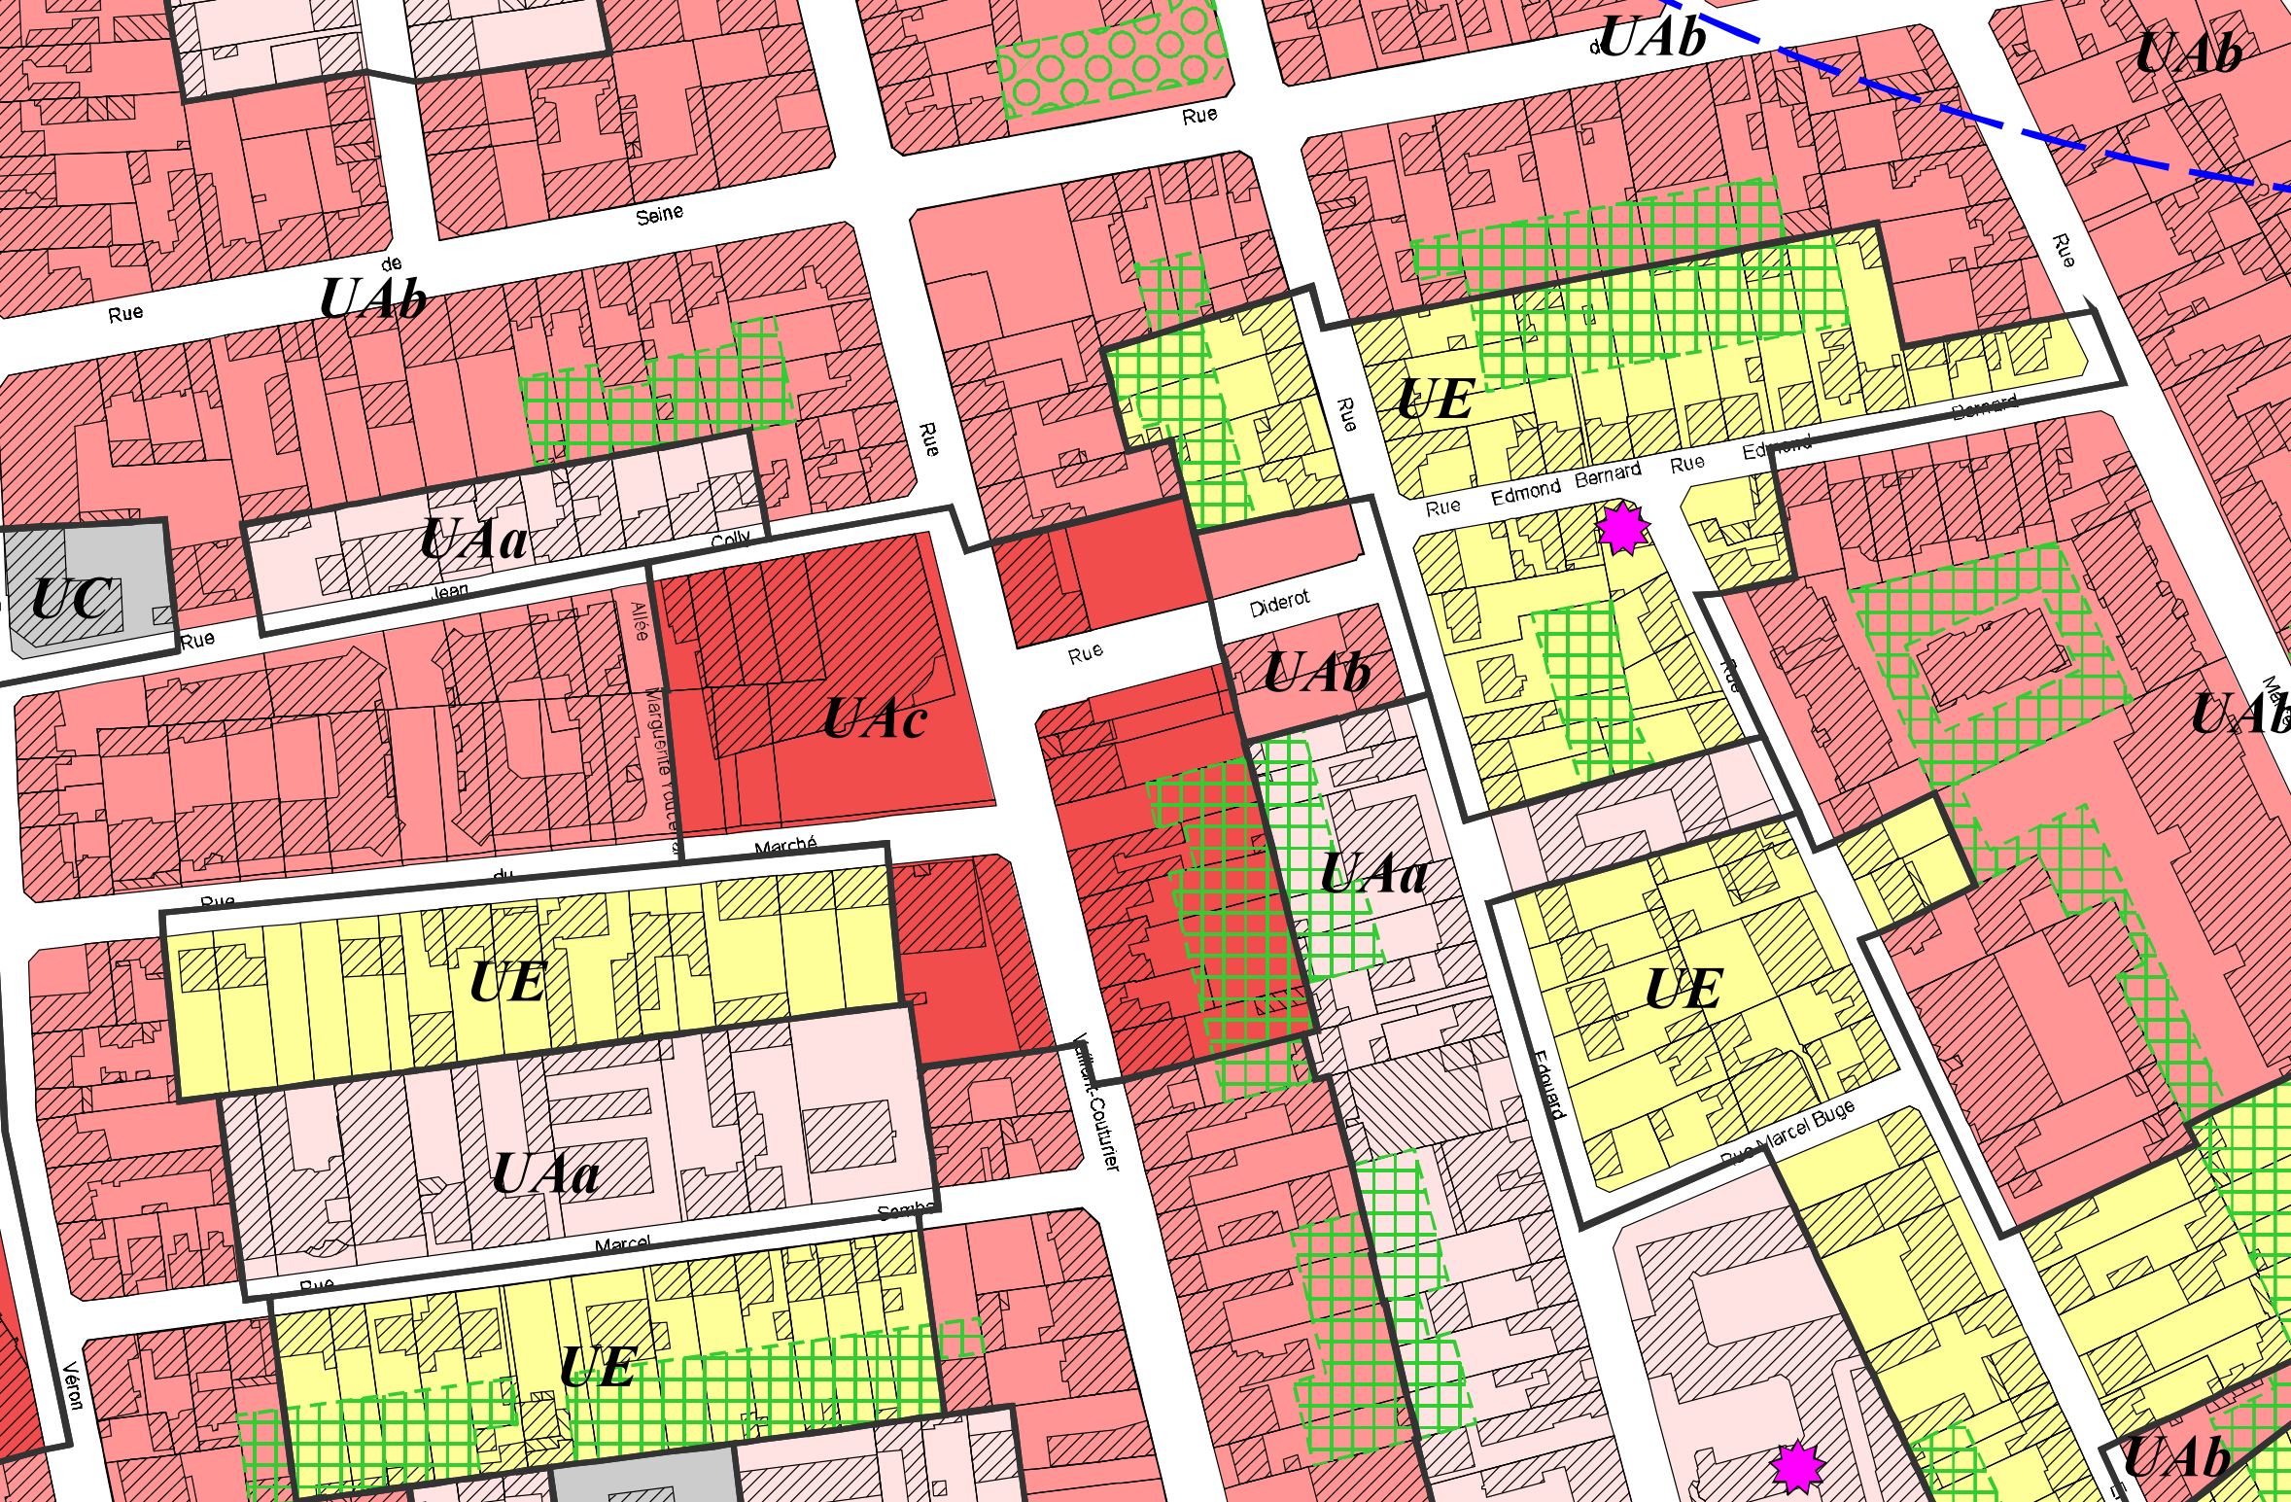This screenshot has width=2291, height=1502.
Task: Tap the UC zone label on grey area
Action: [x=75, y=599]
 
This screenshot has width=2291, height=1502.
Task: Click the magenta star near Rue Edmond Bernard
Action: [x=1622, y=528]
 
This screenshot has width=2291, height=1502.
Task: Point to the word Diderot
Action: [x=1279, y=605]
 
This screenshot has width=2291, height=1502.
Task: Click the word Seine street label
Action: [x=659, y=215]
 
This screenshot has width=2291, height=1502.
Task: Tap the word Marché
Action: [x=785, y=846]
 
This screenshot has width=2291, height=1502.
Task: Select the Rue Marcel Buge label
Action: [x=1787, y=1134]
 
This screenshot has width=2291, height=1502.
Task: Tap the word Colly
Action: [x=731, y=540]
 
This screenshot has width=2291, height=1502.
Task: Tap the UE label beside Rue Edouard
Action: [x=1683, y=990]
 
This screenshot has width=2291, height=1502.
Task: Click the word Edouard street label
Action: [x=1548, y=1083]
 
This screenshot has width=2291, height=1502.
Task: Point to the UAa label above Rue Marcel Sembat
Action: [x=544, y=1174]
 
